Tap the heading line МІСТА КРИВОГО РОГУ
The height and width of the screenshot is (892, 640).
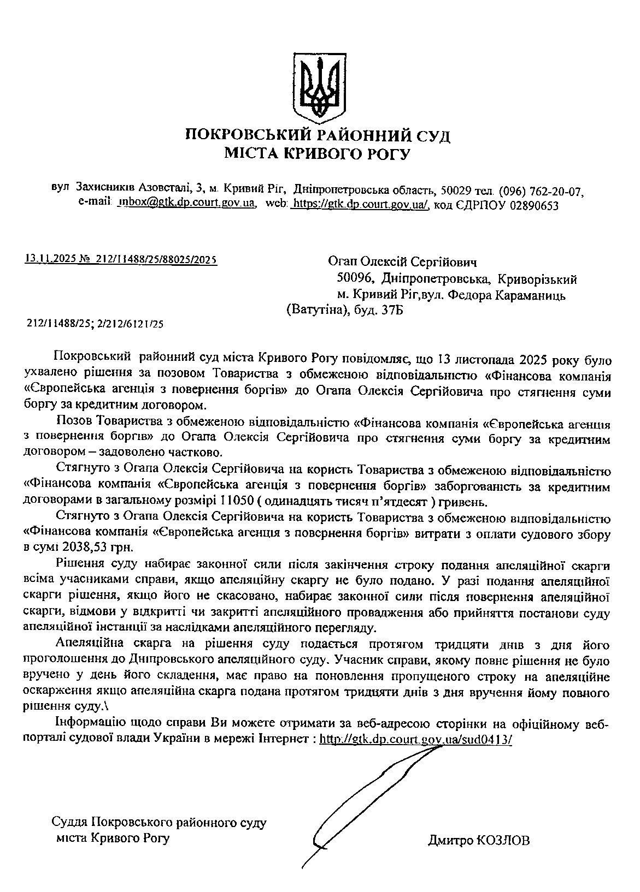click(318, 154)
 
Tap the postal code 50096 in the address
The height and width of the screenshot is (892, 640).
click(355, 279)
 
